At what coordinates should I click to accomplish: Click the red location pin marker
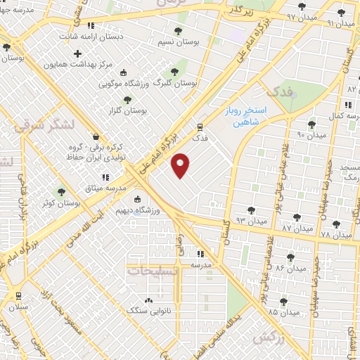pyautogui.click(x=181, y=165)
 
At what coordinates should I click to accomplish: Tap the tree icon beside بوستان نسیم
pyautogui.click(x=176, y=31)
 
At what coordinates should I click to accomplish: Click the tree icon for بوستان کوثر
pyautogui.click(x=61, y=191)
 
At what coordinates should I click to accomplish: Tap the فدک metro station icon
pyautogui.click(x=201, y=128)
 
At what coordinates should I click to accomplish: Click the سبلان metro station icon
pyautogui.click(x=18, y=296)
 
